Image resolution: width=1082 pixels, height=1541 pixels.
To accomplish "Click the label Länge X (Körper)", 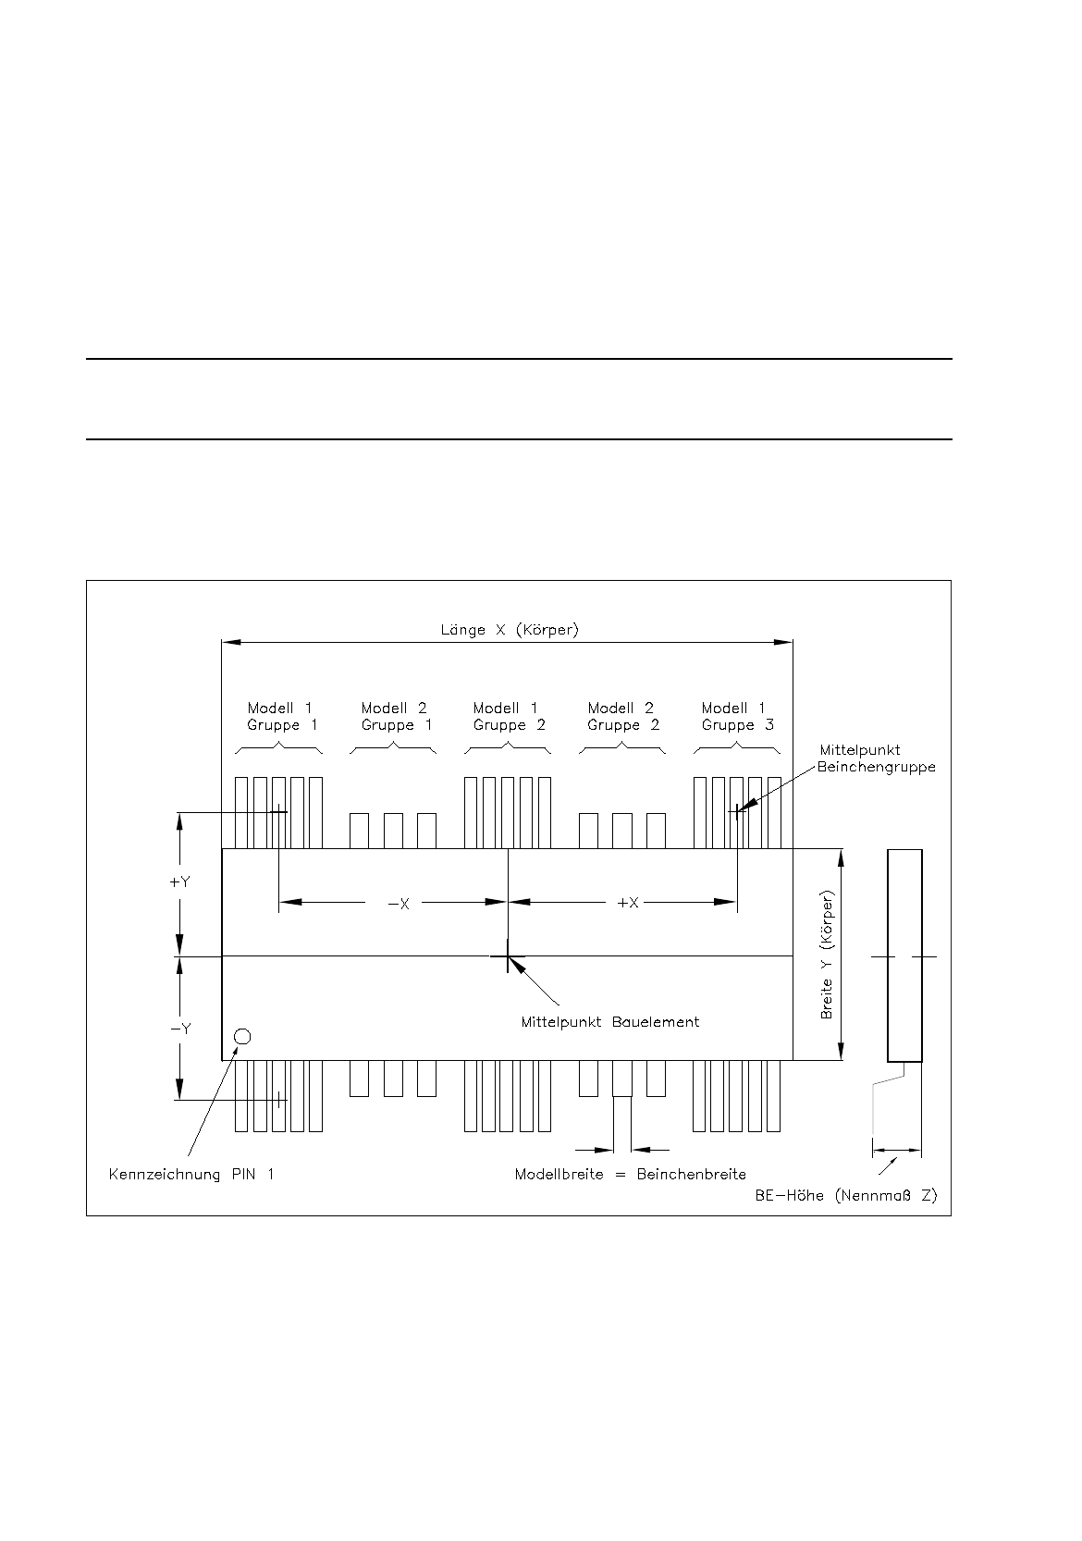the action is tap(509, 630).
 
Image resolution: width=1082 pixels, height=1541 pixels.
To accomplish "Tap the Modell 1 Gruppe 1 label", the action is tap(281, 717).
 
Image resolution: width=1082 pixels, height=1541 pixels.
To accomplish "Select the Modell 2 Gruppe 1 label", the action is tap(396, 717).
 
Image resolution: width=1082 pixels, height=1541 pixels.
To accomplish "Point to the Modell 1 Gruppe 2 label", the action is tap(509, 717).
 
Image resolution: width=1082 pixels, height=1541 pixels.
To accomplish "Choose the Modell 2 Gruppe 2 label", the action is tap(622, 717).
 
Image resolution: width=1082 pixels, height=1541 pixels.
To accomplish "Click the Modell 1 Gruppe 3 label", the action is tap(737, 717).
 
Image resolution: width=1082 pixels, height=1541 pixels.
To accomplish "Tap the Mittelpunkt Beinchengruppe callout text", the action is tap(875, 758).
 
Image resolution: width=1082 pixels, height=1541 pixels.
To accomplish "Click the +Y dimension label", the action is tap(179, 882).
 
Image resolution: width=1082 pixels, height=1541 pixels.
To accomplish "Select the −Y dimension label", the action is tap(179, 1029).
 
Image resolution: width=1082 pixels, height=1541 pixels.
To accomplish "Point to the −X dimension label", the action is tap(398, 903).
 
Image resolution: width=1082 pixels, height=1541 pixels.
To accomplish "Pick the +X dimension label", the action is tap(628, 903).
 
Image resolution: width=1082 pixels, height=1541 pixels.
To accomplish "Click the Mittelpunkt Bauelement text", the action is tap(609, 1022).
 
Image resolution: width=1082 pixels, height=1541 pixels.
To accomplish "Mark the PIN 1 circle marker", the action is tap(242, 1036).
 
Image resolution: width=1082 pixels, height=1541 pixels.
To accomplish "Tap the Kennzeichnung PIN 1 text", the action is tap(191, 1175).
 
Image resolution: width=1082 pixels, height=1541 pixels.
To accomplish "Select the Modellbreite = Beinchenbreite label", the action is tap(630, 1175).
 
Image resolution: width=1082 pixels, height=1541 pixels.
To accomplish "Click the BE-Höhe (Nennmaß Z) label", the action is tap(845, 1195).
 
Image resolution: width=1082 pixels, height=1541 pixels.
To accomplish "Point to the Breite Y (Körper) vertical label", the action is tap(828, 955).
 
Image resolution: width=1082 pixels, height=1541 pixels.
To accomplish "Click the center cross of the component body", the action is tap(508, 956).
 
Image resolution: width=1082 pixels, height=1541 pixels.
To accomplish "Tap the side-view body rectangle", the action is tap(904, 955).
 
